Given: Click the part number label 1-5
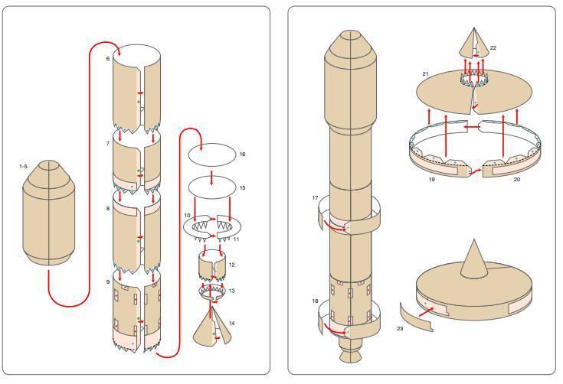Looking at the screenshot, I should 25,165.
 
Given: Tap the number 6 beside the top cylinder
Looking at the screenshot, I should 108,59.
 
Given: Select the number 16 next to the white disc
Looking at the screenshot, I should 242,155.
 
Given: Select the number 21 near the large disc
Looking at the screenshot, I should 424,74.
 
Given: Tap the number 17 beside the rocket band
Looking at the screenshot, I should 316,198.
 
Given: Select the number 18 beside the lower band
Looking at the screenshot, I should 316,302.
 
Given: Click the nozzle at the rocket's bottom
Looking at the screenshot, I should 349,353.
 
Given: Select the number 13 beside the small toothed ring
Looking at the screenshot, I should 232,291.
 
